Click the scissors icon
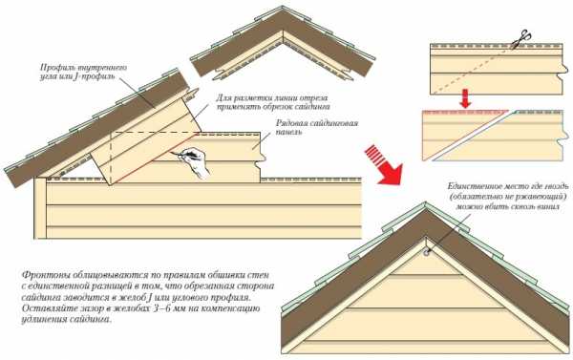[521, 39]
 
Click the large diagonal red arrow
[384, 164]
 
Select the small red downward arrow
[465, 97]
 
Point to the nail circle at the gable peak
[426, 252]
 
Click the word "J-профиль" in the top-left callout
[94, 77]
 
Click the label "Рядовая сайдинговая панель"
[317, 127]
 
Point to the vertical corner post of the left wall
[40, 208]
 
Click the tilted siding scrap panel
[146, 138]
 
